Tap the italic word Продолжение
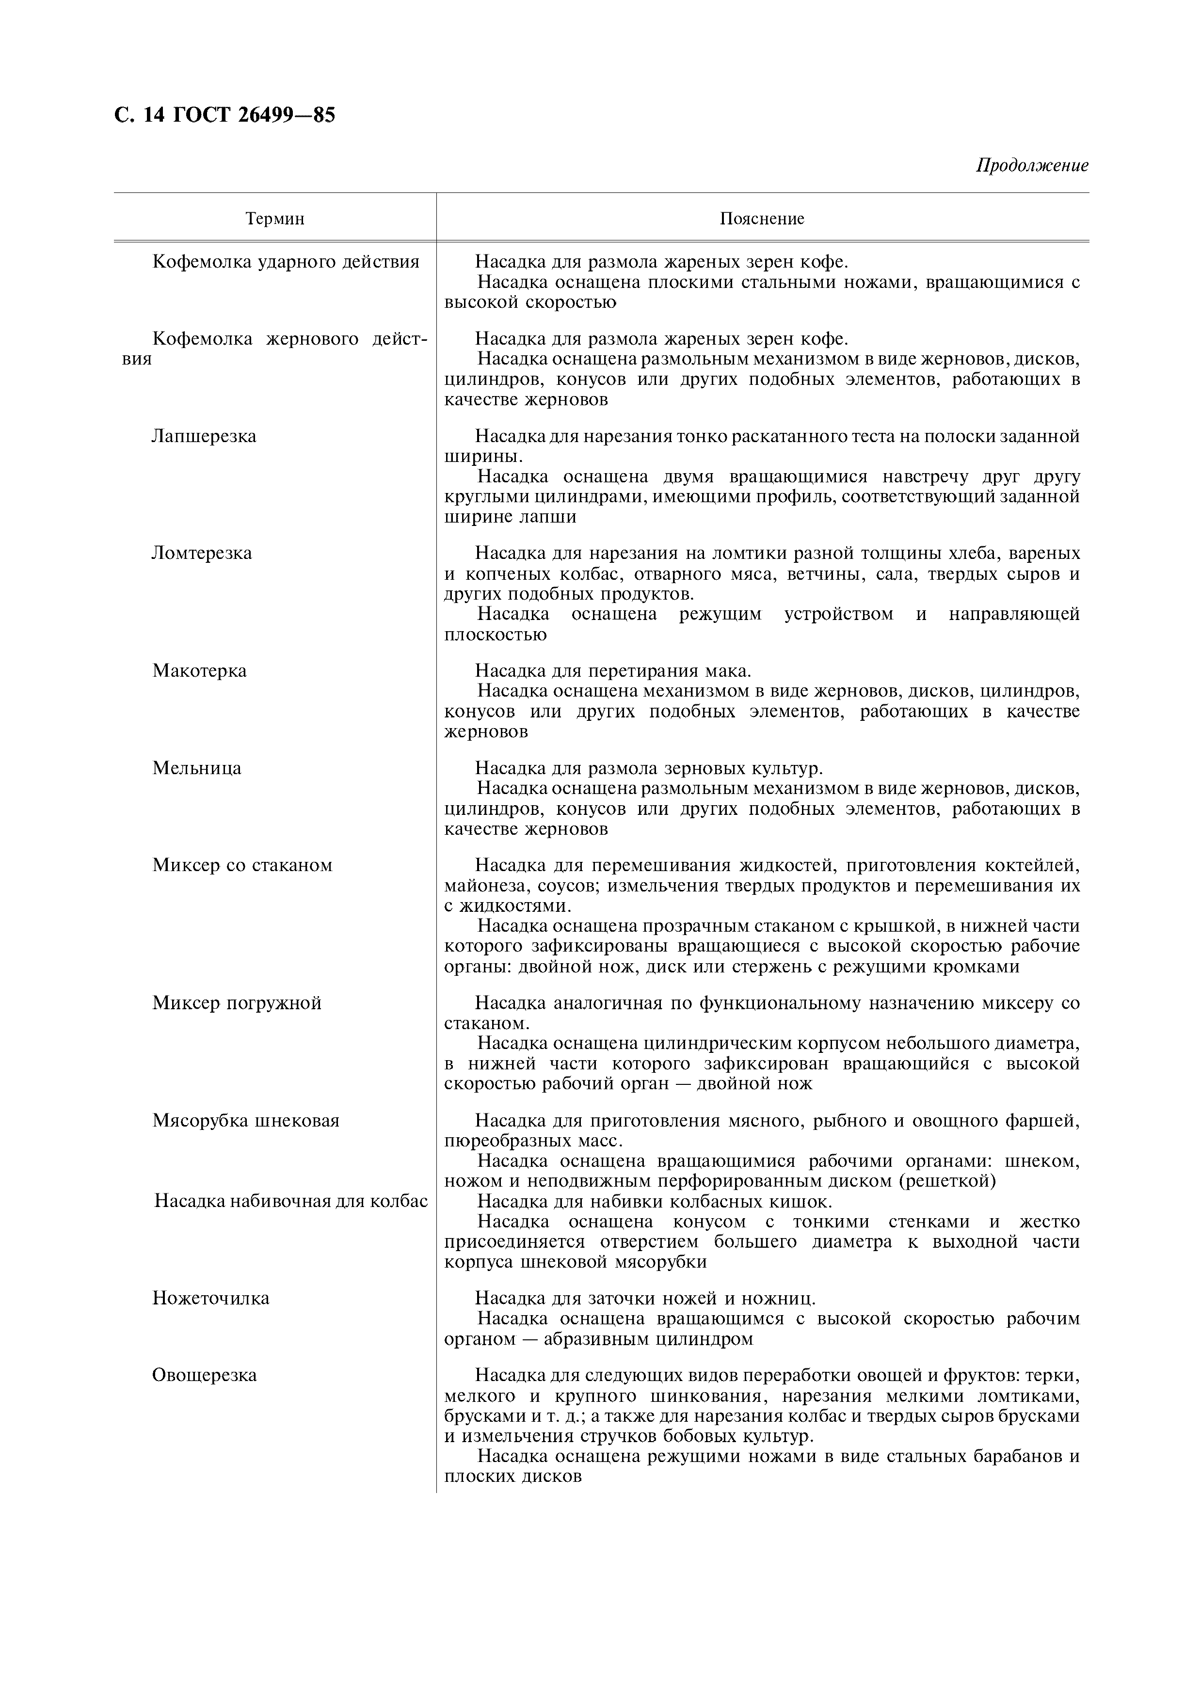1031,165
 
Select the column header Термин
275,219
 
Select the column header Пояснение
762,219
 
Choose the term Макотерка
199,671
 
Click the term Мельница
197,768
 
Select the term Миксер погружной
237,1003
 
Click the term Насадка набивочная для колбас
291,1201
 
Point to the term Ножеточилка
211,1298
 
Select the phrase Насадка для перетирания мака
613,671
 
